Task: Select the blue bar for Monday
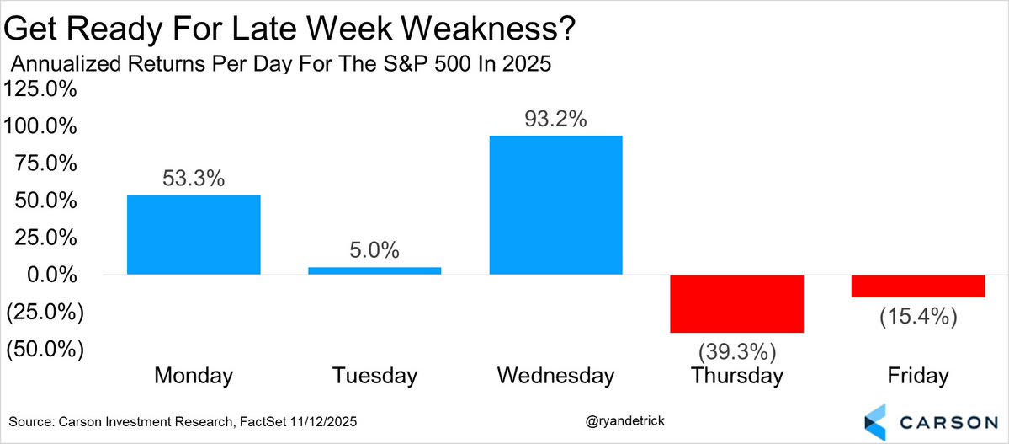(194, 235)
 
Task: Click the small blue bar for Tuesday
(374, 270)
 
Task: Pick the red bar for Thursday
(736, 303)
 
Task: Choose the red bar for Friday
(917, 286)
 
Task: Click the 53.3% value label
(194, 179)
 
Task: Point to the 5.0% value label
(374, 250)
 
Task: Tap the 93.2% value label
(555, 119)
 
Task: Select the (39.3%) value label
(736, 350)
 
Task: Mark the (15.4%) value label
(917, 317)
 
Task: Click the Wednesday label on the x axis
(555, 375)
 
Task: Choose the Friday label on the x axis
(917, 375)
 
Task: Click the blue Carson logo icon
(876, 420)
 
